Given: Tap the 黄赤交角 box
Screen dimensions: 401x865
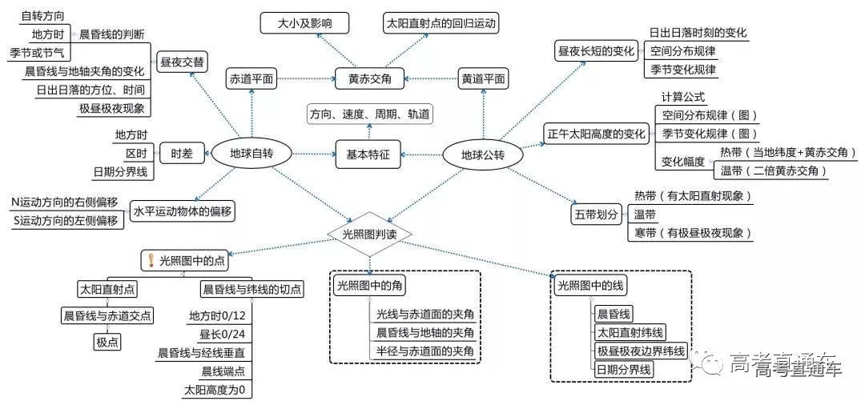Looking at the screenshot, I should point(369,78).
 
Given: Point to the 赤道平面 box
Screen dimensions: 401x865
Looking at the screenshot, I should point(251,78).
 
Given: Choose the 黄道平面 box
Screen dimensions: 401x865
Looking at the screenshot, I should point(483,78).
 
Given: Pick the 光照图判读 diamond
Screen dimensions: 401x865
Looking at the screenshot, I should point(370,233).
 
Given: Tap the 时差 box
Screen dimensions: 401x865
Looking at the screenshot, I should point(182,153).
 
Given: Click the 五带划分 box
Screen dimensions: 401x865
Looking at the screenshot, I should point(597,215).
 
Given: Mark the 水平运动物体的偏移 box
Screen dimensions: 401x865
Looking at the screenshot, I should point(183,211).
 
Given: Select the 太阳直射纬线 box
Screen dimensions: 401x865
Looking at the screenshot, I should point(630,332).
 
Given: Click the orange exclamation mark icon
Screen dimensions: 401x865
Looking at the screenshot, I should point(149,259).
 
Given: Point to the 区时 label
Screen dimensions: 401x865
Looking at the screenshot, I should point(135,153).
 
